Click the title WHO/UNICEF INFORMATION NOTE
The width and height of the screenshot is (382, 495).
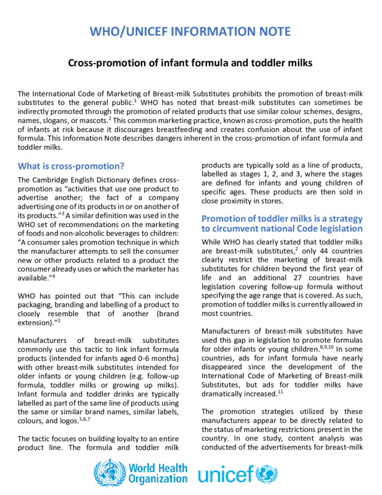pos(190,32)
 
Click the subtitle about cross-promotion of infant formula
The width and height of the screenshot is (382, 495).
pos(190,62)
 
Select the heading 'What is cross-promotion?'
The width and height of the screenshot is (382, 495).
pos(71,166)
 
